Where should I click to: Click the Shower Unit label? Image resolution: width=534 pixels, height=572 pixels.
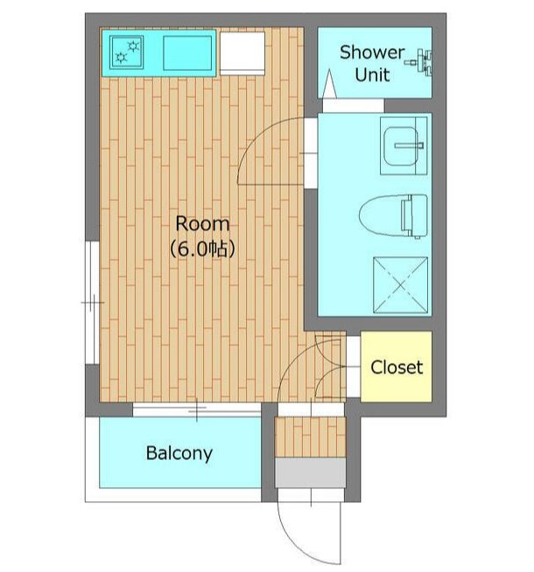(372, 64)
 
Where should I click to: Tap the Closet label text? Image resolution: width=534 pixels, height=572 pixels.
(397, 367)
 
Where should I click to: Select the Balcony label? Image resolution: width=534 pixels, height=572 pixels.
(179, 453)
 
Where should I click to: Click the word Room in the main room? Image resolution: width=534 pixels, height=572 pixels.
(202, 223)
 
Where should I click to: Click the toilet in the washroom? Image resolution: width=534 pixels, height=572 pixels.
(393, 216)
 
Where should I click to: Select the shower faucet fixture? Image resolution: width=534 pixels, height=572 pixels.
(420, 62)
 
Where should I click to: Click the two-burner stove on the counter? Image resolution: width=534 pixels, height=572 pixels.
(126, 52)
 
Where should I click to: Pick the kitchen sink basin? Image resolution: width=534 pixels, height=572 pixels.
(187, 52)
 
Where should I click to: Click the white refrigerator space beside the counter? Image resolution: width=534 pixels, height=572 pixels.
(242, 53)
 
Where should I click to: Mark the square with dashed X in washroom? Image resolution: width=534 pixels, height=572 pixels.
(400, 285)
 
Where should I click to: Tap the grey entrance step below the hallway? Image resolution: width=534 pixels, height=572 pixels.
(310, 473)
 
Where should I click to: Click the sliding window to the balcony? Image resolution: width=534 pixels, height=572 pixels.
(197, 410)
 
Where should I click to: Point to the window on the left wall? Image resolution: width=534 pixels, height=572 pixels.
(92, 303)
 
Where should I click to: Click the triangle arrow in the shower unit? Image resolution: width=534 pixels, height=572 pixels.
(330, 84)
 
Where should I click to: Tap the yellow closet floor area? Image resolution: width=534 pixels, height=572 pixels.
(397, 366)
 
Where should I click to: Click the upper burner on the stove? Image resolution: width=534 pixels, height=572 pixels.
(133, 46)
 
